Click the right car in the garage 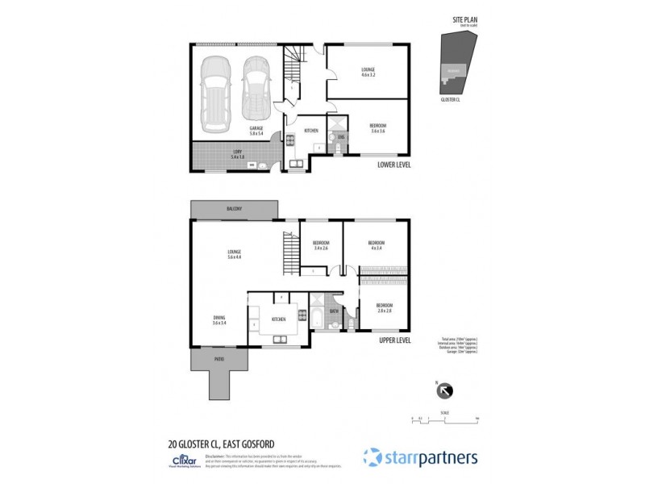point(256,85)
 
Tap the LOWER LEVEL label point(395,165)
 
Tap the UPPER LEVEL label point(395,340)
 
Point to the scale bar point(444,418)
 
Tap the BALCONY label point(234,209)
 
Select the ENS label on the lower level point(342,138)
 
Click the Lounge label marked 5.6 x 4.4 point(235,254)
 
